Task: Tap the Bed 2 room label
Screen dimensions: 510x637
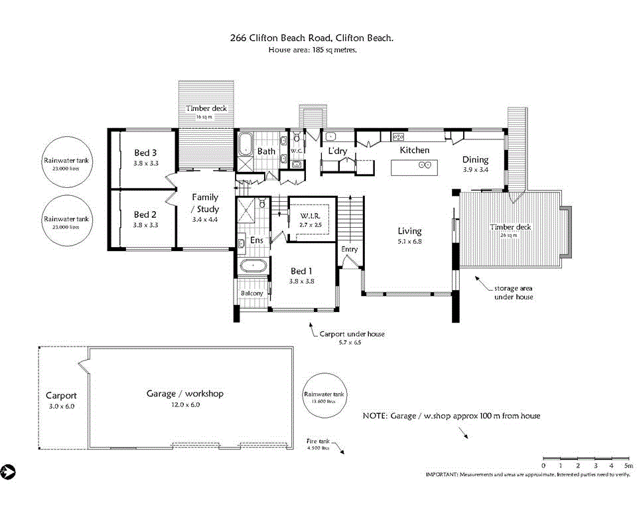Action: click(145, 214)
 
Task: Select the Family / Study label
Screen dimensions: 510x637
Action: click(205, 203)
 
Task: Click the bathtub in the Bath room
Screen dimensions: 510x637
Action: click(246, 143)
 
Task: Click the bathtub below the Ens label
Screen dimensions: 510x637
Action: click(253, 267)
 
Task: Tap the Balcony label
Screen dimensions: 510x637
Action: click(251, 294)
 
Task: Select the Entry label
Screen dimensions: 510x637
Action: click(350, 250)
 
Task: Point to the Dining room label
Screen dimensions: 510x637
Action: click(475, 160)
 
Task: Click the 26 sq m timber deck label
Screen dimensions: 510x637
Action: click(510, 228)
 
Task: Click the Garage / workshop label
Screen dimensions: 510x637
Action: click(185, 394)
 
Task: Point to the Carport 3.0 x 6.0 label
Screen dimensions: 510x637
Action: click(61, 396)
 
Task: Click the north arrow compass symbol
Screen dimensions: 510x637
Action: click(8, 471)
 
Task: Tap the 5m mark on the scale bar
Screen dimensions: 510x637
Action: click(628, 466)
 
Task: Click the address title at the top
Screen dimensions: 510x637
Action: click(311, 39)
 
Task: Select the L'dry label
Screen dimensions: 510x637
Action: click(338, 151)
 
